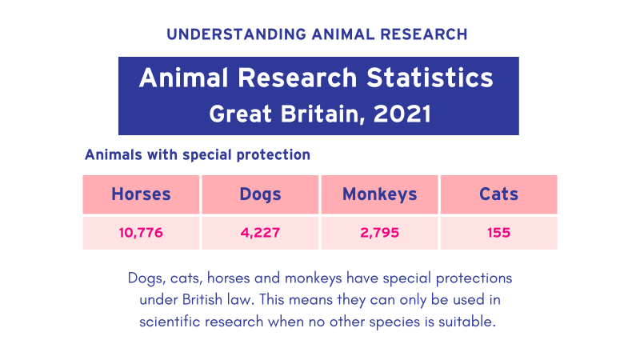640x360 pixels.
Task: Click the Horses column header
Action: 141,194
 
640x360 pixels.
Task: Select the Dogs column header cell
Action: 260,194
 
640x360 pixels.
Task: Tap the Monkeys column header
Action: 379,194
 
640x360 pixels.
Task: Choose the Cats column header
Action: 498,194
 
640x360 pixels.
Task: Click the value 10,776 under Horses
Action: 141,234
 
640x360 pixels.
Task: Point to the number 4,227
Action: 260,234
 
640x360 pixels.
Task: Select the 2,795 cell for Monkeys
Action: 379,234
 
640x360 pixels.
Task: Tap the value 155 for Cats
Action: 498,234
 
